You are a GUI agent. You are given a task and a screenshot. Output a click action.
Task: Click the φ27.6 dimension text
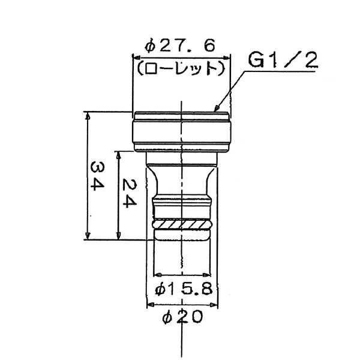click(x=180, y=46)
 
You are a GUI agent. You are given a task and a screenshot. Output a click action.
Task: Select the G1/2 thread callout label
click(x=282, y=59)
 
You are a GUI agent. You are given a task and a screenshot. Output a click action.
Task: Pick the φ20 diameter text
click(x=181, y=316)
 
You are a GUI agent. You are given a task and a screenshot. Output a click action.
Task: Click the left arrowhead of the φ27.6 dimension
click(x=135, y=58)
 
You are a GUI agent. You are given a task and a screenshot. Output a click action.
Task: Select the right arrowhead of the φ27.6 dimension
click(x=229, y=58)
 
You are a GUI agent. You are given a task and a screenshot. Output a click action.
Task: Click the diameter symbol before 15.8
click(x=160, y=289)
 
